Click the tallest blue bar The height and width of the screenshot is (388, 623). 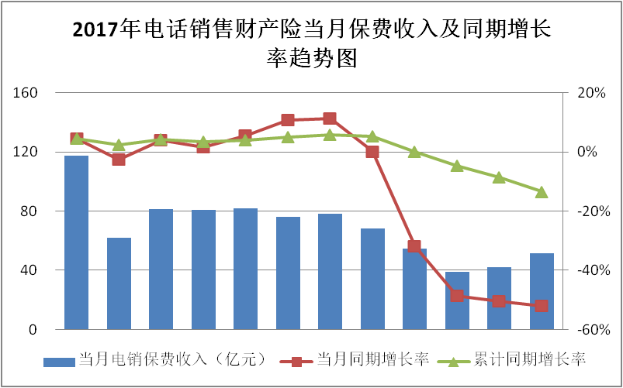76,242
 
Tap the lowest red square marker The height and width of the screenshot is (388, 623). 542,306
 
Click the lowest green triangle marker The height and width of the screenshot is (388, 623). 542,192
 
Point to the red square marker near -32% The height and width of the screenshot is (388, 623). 414,246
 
